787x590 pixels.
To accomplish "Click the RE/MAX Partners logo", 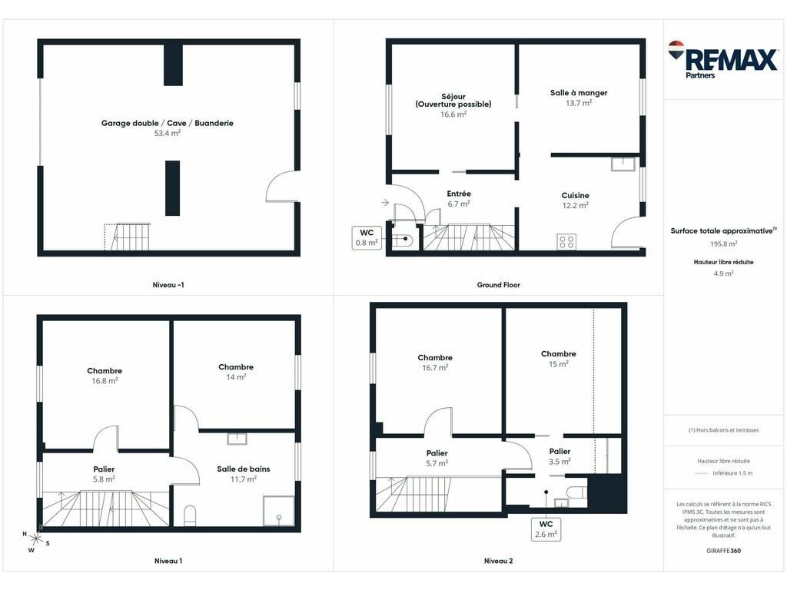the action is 723,60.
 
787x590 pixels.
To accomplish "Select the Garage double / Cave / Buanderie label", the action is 167,123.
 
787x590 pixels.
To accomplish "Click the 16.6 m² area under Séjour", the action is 453,114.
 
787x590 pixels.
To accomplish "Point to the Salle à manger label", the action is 579,93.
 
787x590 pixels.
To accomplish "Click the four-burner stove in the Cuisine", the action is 566,242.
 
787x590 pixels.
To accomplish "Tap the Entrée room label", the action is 459,194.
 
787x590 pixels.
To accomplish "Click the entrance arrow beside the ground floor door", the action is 385,202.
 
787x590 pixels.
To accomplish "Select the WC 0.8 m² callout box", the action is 367,237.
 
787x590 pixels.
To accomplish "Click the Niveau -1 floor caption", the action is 168,284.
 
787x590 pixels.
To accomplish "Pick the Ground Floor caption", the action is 498,284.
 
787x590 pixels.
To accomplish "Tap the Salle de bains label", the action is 244,469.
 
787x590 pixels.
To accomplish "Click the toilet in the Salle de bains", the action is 190,515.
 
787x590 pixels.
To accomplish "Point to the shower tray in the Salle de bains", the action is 279,511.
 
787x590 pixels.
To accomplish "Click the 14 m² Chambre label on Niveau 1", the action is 236,372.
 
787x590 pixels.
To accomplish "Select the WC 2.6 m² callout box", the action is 546,529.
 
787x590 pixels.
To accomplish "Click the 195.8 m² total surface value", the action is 723,244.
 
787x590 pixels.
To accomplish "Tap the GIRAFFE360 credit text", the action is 723,550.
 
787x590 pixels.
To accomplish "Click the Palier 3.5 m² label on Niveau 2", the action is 560,456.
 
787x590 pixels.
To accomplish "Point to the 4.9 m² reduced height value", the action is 723,273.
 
